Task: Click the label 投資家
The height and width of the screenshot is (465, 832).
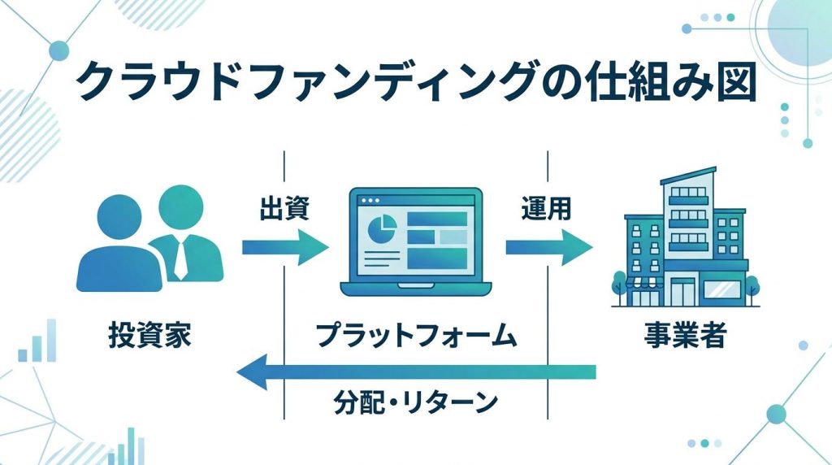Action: (x=149, y=336)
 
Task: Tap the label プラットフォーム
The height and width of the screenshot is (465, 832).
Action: (x=416, y=336)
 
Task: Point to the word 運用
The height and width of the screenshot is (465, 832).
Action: (x=546, y=209)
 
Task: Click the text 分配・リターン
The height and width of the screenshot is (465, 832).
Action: (x=416, y=401)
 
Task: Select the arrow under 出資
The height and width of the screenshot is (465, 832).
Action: (x=284, y=247)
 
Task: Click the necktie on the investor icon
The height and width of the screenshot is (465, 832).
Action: (x=180, y=259)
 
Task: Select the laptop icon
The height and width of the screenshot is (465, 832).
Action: (x=415, y=244)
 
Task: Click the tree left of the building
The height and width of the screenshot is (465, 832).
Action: (x=619, y=285)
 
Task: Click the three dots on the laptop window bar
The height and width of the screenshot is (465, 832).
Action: (x=369, y=200)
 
